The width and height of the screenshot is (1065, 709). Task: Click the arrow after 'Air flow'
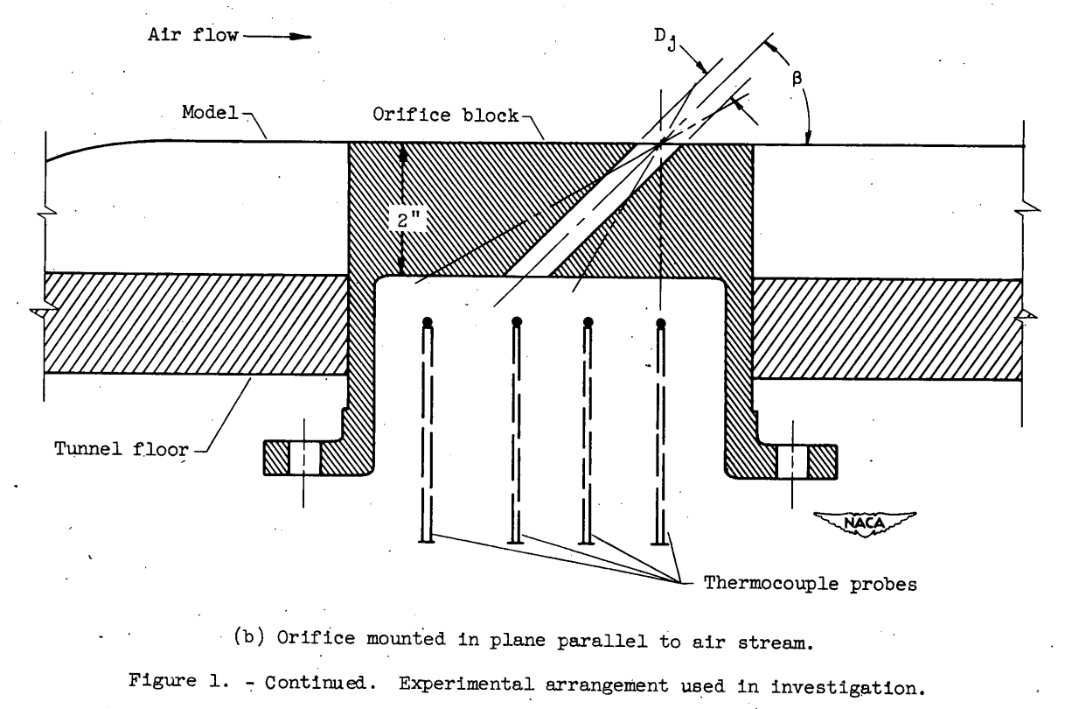290,38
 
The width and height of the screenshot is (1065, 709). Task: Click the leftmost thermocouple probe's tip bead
427,323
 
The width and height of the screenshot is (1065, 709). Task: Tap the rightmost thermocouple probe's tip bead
661,324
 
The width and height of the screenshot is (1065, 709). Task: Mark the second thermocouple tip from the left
517,323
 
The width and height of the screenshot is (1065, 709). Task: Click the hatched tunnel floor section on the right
887,329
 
